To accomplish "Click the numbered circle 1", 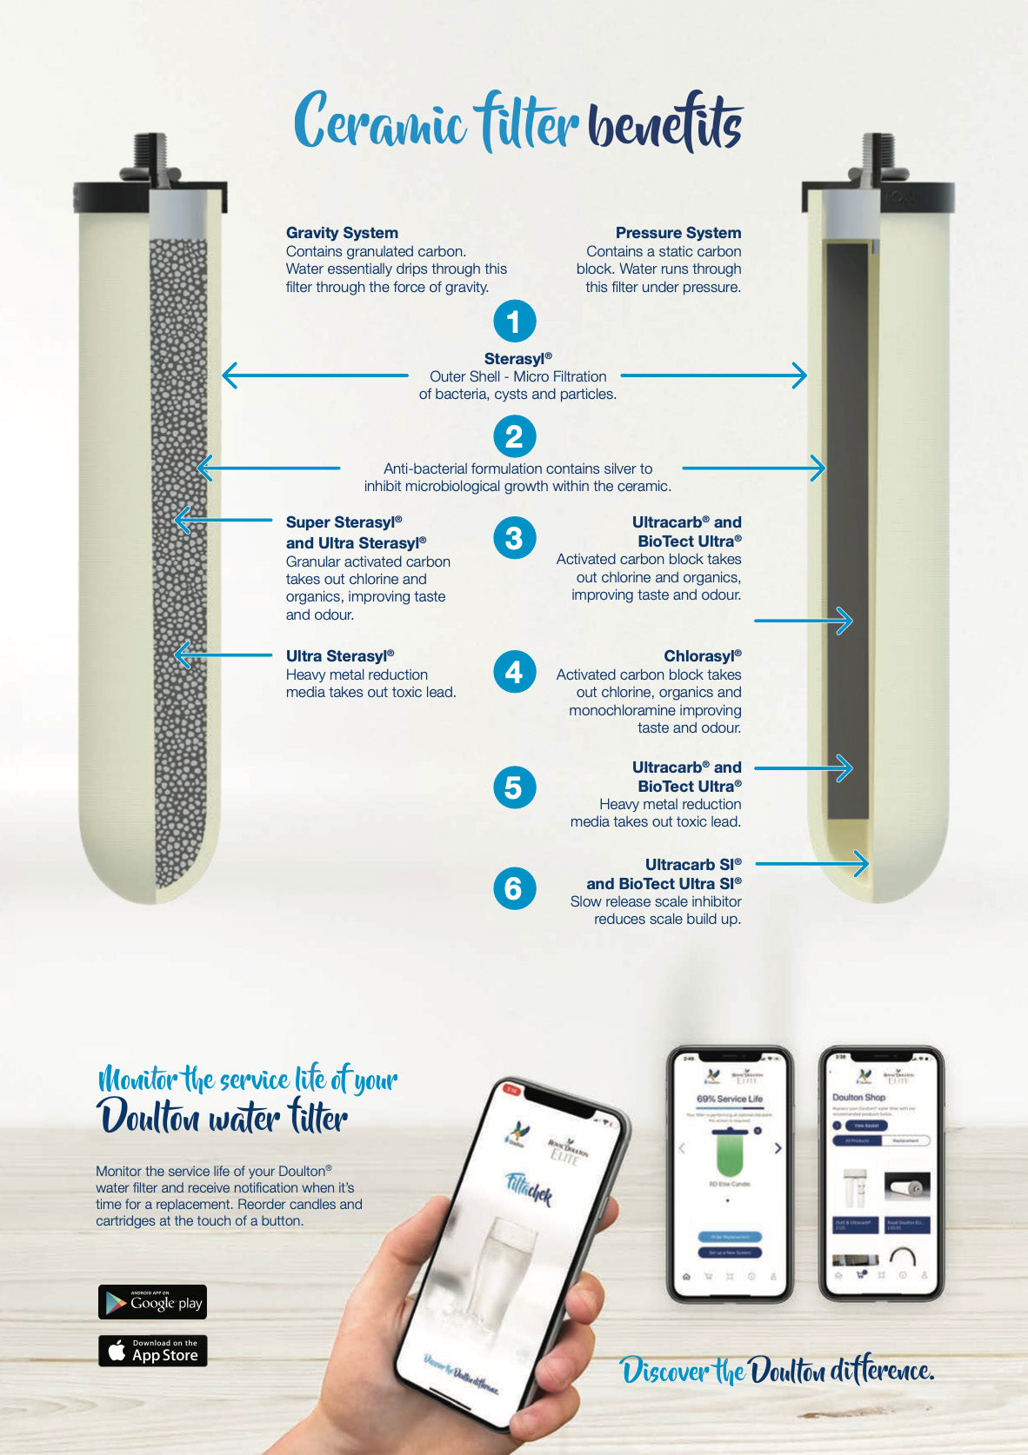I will (514, 322).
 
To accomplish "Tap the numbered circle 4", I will (514, 672).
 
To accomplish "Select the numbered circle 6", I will (514, 888).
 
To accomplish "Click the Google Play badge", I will (152, 1302).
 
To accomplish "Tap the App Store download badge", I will (152, 1351).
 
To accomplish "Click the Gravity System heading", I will (342, 233).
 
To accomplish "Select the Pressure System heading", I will (678, 233).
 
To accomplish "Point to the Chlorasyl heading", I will (702, 656).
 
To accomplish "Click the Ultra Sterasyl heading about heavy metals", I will (340, 656).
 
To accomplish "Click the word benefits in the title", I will (665, 124).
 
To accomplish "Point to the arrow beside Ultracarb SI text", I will (812, 863).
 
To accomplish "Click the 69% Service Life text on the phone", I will (730, 1099).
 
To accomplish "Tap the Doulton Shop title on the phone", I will (859, 1098).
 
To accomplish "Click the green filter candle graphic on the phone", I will (729, 1153).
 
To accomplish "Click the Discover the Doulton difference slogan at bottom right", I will (777, 1371).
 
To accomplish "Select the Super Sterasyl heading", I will (344, 522).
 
